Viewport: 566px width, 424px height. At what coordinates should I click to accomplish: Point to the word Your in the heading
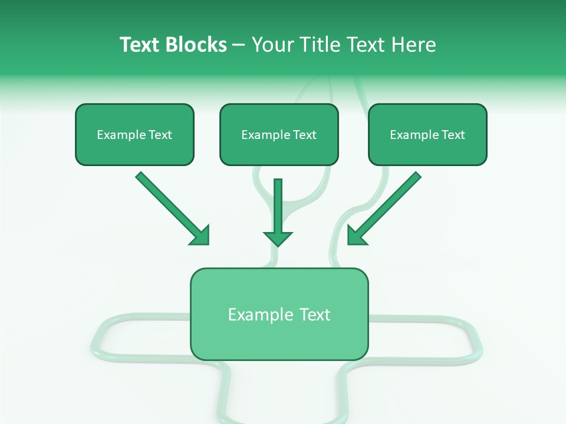271,45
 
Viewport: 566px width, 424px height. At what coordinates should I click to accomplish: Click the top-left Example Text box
134,135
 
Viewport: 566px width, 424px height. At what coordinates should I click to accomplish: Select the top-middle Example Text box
279,135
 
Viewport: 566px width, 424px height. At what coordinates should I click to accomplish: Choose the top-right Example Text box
427,135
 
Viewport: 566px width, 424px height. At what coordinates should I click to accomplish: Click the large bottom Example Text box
279,314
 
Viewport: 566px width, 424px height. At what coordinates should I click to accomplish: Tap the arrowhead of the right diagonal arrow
356,236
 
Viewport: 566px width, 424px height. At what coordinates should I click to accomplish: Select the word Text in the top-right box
453,135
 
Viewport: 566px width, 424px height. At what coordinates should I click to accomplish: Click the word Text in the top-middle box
304,135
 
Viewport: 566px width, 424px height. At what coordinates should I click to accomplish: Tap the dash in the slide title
239,45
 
